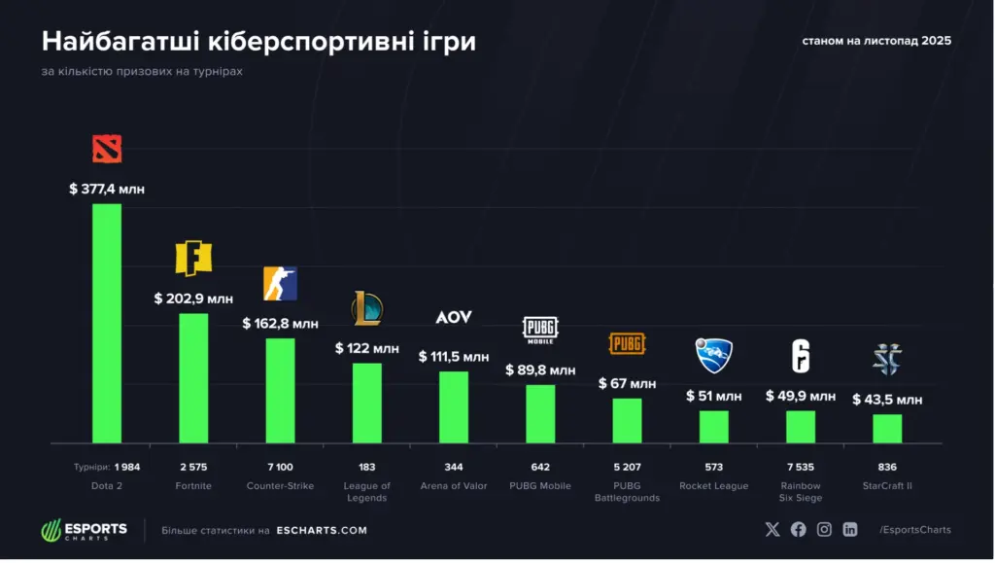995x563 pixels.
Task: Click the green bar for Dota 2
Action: click(107, 323)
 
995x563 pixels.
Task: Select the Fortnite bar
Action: click(193, 377)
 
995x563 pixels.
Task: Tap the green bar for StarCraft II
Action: click(887, 428)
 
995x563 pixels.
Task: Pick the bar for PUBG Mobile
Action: click(540, 413)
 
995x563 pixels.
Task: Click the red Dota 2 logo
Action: click(107, 149)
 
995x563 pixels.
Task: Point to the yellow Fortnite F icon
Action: click(192, 258)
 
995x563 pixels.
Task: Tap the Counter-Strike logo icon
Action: click(280, 283)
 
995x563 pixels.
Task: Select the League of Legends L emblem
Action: click(366, 308)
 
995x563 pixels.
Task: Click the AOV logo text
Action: click(453, 318)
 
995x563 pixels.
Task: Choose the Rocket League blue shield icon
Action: click(714, 355)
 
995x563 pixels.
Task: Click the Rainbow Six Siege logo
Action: click(800, 356)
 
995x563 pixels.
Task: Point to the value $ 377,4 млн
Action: click(107, 189)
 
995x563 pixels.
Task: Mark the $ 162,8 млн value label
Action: click(280, 323)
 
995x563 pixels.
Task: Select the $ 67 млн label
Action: click(627, 383)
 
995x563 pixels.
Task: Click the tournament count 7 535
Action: click(801, 467)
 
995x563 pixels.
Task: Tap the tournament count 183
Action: click(366, 467)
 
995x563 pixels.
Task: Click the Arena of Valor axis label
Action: click(454, 485)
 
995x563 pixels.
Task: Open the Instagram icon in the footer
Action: click(824, 529)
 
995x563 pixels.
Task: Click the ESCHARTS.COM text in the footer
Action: click(322, 530)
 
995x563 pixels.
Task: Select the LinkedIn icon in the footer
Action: click(850, 529)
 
